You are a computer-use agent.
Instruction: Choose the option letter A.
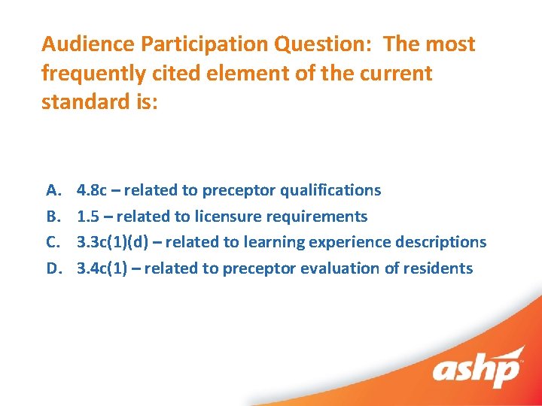53,190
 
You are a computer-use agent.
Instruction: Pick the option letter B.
53,217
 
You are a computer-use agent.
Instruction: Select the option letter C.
53,242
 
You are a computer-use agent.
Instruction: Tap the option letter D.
53,268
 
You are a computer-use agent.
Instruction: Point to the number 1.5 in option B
90,217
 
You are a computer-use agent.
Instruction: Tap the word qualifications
334,190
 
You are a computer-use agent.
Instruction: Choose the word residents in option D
440,268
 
